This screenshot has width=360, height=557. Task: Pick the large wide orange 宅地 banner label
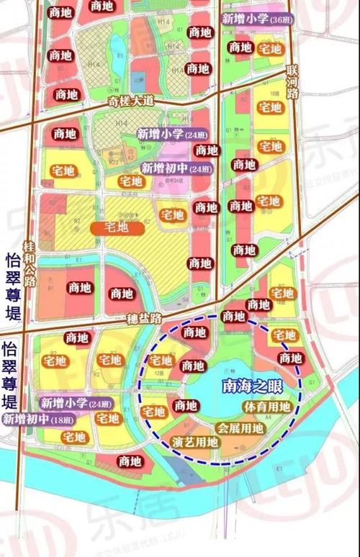117,227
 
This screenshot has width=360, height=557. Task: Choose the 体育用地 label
267,407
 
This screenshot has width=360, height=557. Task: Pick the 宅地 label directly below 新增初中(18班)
73,437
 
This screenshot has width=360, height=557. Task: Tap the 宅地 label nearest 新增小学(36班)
270,49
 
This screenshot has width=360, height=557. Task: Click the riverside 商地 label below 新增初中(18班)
130,461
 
